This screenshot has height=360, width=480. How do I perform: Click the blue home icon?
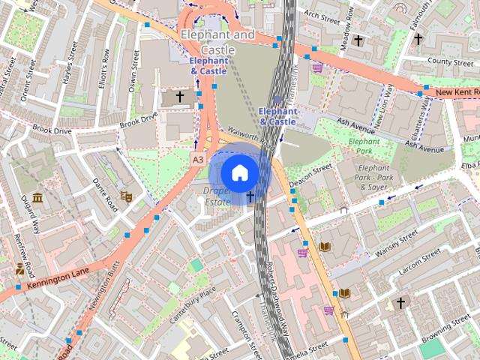coord(239,173)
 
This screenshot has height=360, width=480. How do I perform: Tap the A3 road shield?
coord(198,160)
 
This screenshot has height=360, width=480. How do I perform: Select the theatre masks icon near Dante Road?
coord(127,196)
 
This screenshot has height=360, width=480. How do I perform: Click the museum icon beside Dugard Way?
coord(37,198)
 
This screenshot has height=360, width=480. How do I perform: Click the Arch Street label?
coord(322,16)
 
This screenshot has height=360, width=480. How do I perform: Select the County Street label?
coord(450,61)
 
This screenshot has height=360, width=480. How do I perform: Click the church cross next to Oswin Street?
coord(179,97)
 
